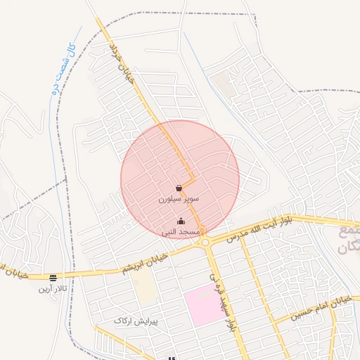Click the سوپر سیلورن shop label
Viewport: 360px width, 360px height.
(x=179, y=199)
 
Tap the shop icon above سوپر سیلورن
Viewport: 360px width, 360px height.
(x=179, y=188)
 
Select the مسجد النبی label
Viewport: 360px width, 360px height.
(x=181, y=231)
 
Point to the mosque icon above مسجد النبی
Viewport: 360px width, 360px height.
(x=181, y=221)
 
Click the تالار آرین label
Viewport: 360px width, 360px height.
(x=53, y=288)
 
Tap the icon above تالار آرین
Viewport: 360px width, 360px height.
(x=53, y=278)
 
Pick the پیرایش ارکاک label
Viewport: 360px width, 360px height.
(x=136, y=321)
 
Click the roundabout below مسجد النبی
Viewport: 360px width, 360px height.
(x=205, y=243)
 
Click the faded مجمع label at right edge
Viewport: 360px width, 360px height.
(x=349, y=231)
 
